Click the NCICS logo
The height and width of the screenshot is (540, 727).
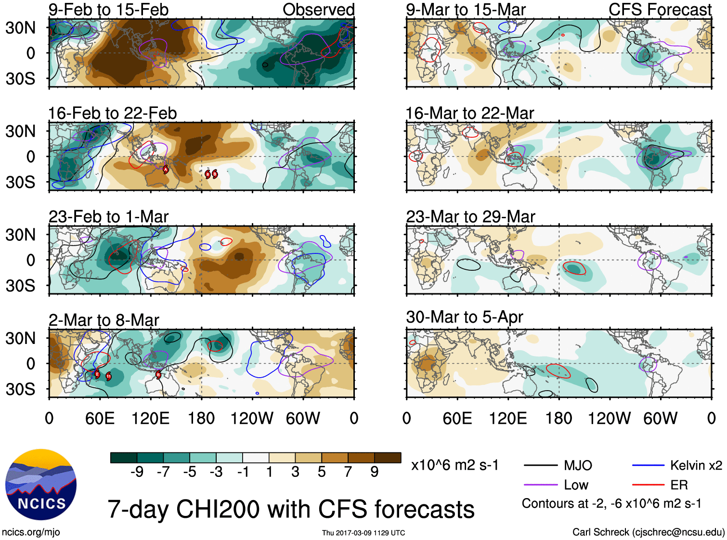click(x=41, y=484)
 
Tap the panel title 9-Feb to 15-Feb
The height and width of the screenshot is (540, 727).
click(x=108, y=10)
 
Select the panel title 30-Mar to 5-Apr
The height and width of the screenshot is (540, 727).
click(x=464, y=317)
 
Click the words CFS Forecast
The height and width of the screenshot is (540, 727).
click(x=660, y=10)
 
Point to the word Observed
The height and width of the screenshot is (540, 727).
click(x=318, y=10)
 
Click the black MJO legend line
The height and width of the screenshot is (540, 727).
click(x=540, y=465)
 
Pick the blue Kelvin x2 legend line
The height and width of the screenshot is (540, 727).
click(x=648, y=465)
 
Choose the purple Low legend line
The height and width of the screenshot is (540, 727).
click(x=540, y=485)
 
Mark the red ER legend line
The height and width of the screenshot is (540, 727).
click(x=648, y=485)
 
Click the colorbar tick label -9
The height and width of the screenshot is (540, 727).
click(x=137, y=472)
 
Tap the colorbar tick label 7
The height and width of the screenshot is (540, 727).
click(x=348, y=472)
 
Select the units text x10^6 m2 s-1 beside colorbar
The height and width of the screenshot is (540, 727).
click(x=454, y=465)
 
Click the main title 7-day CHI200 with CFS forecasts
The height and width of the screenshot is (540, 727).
click(x=291, y=509)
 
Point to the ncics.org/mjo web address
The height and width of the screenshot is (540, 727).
click(x=31, y=532)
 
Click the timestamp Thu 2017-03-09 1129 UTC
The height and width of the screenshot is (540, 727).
click(x=363, y=533)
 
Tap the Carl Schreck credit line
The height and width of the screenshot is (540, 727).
click(x=648, y=532)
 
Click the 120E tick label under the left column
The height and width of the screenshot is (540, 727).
click(x=151, y=418)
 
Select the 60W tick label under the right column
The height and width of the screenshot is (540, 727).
click(x=660, y=418)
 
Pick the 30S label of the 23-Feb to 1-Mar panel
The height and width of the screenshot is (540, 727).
click(x=21, y=286)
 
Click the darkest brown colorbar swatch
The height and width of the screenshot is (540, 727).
click(x=388, y=458)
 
